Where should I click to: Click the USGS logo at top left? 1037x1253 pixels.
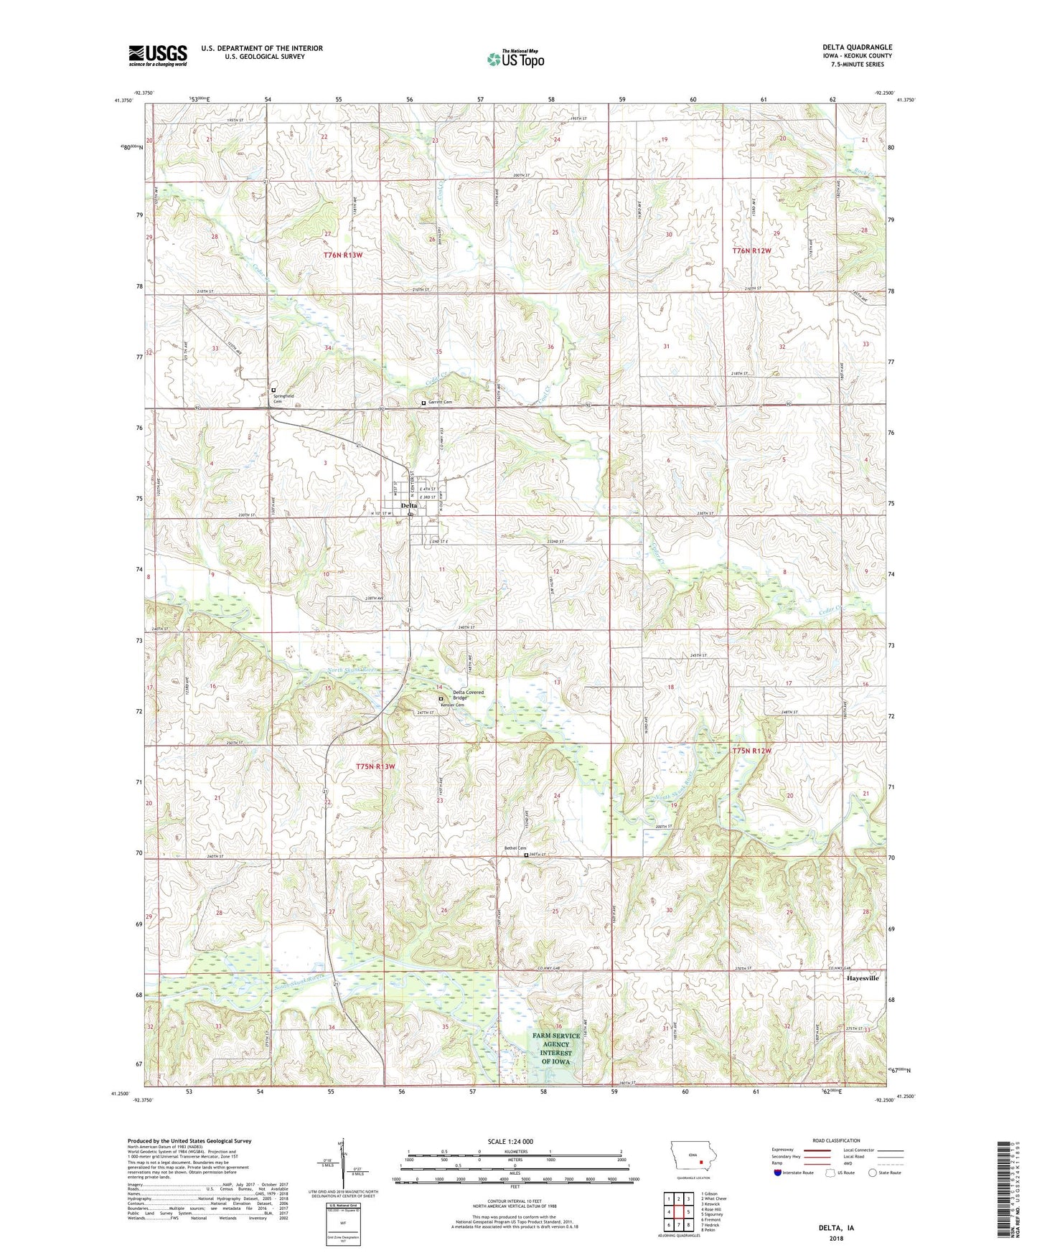(158, 55)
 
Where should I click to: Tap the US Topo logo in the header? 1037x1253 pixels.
(515, 59)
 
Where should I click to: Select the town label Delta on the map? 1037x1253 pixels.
(408, 505)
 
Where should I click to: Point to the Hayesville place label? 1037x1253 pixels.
(862, 978)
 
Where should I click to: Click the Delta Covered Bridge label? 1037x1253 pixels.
(468, 695)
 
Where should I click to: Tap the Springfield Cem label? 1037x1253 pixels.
(283, 398)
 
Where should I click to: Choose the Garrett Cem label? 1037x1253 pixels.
(441, 403)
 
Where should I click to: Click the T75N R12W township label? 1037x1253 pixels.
(751, 751)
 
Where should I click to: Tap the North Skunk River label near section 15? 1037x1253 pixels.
(352, 670)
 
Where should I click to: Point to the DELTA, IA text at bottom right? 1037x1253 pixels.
(836, 1228)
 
